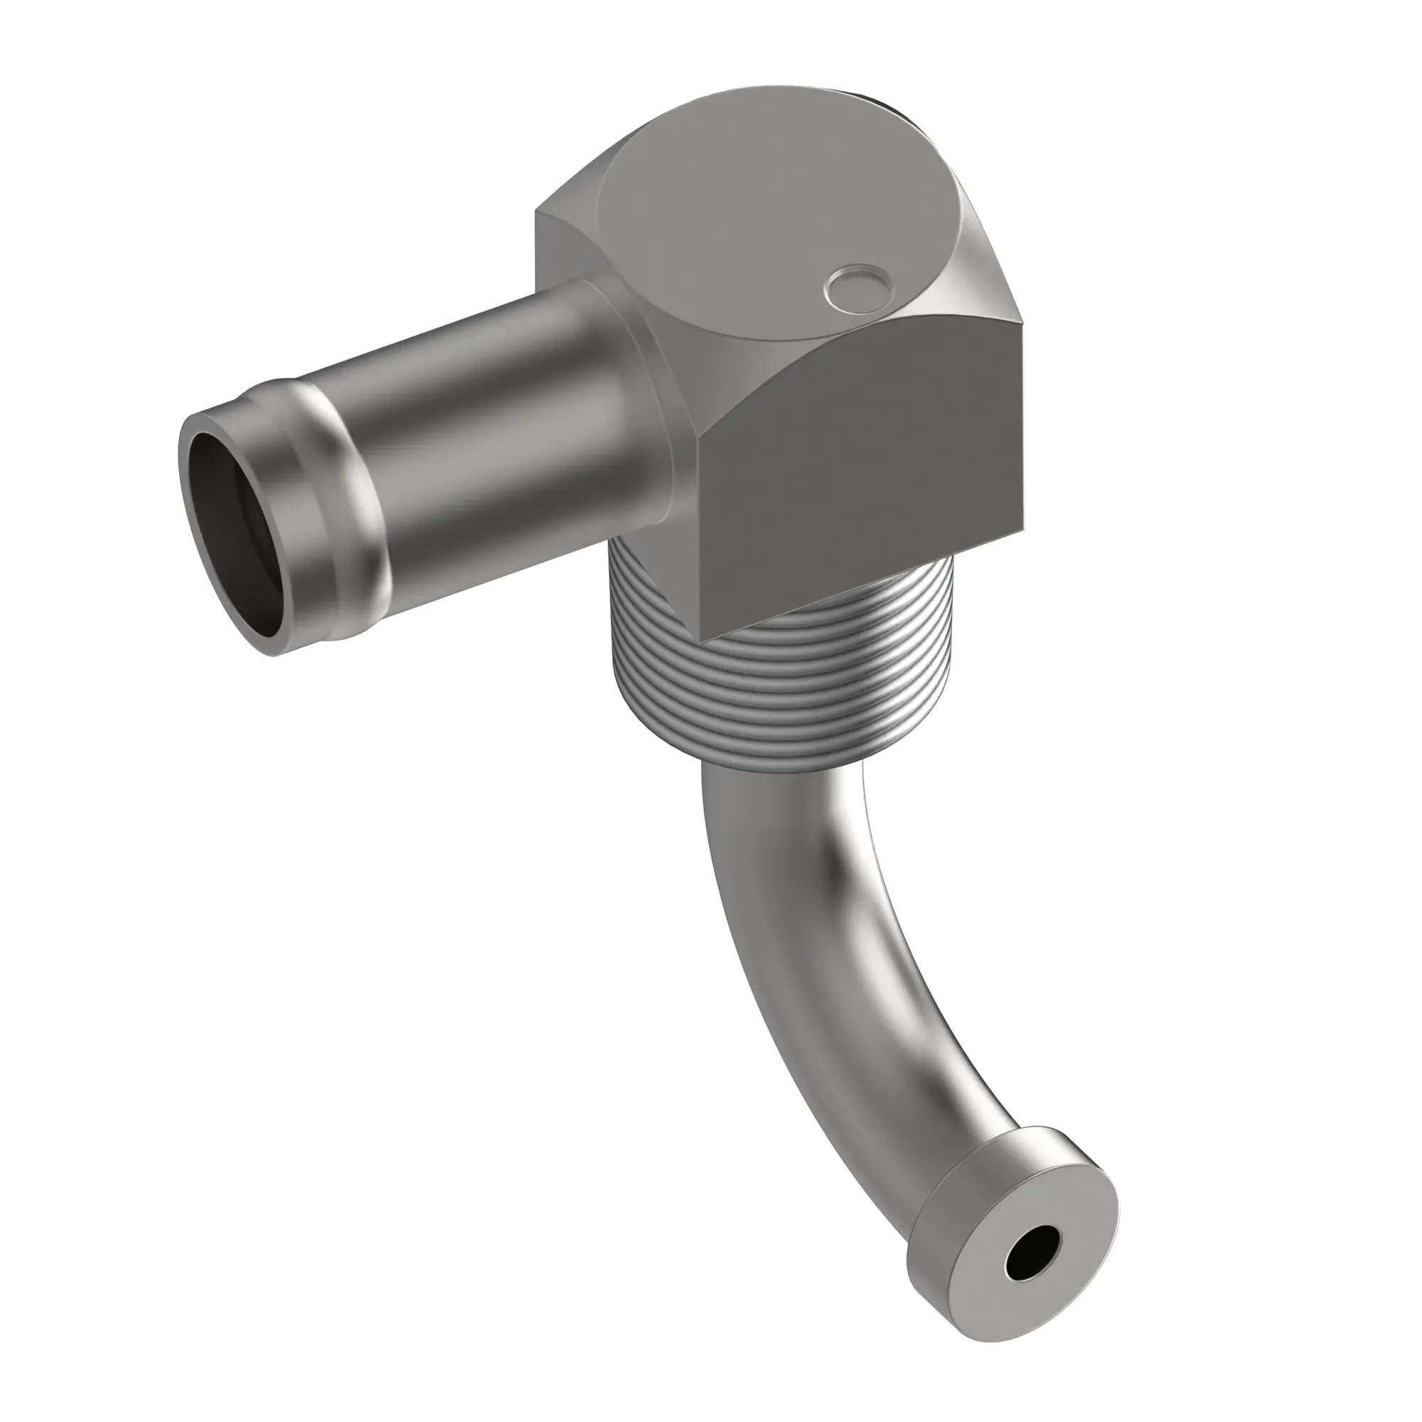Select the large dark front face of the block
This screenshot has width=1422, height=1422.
[861, 471]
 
